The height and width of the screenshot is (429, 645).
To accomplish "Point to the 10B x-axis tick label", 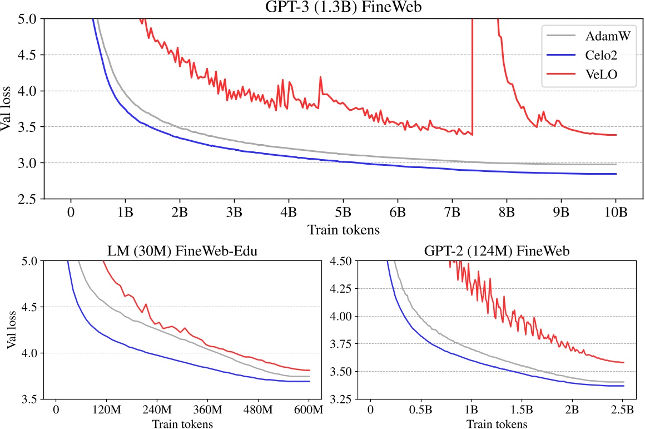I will pyautogui.click(x=616, y=212).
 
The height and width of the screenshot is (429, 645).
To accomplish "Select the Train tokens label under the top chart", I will pyautogui.click(x=343, y=228).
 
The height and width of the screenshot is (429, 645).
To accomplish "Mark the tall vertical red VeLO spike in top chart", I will pyautogui.click(x=472, y=72).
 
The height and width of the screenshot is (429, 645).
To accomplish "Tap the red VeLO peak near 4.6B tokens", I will pyautogui.click(x=321, y=78).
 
